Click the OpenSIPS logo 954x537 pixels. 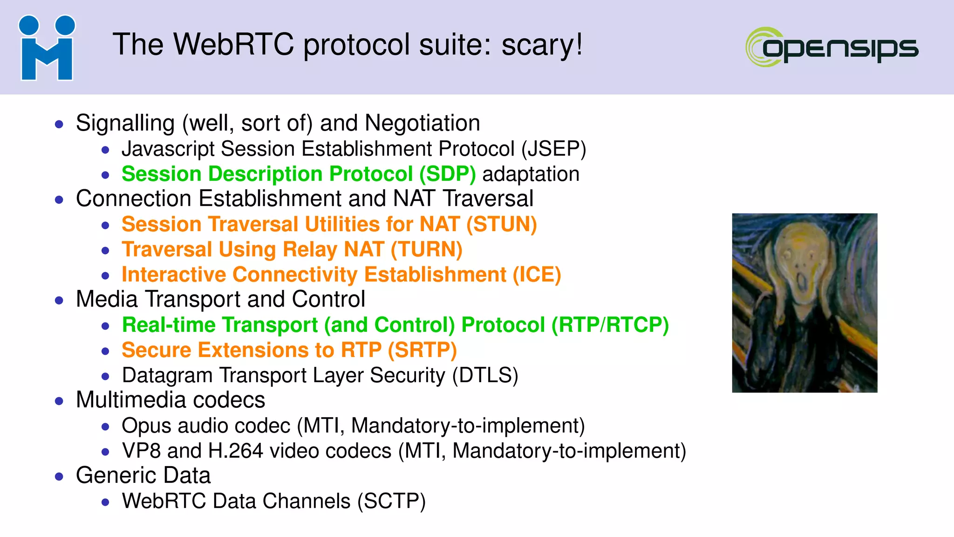832,47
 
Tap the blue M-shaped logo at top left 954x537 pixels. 47,48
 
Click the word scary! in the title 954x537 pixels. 542,45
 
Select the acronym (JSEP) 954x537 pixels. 553,149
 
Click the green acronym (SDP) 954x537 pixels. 447,174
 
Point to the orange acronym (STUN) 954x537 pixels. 501,225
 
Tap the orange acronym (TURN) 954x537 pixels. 426,250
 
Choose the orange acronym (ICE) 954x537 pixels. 537,275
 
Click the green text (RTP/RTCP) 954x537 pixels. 610,325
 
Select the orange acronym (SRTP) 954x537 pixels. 422,351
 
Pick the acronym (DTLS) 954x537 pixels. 485,376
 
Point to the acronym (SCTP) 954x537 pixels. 391,502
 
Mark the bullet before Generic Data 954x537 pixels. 59,476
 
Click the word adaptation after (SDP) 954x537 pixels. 531,174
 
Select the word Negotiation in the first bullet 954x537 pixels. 422,124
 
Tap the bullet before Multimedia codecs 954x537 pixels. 59,401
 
